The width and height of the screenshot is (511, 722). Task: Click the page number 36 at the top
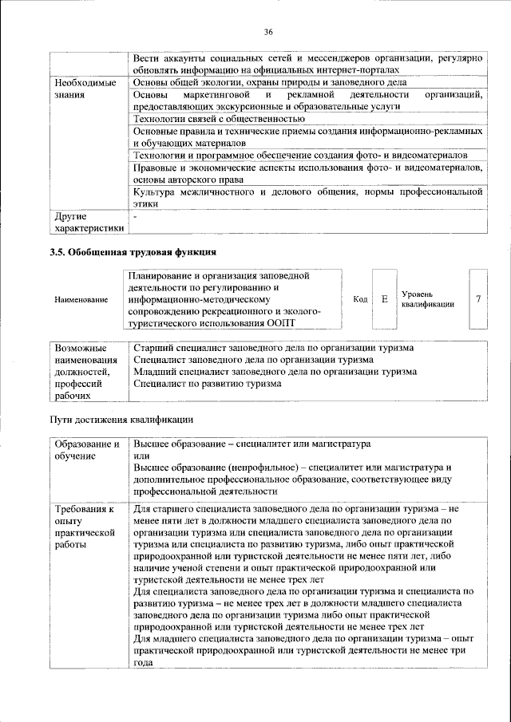tap(269, 31)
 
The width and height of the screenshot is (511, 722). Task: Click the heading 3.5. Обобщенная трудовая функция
tap(133, 253)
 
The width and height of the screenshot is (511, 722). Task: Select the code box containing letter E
tap(384, 299)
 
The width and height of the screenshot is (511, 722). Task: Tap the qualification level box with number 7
tap(477, 299)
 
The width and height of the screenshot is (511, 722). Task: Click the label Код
tap(360, 299)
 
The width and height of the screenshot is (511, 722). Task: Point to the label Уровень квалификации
tap(428, 299)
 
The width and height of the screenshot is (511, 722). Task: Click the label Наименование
tap(81, 300)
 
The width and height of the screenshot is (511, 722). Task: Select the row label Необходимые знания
tap(84, 89)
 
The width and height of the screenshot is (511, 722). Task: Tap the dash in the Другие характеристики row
tap(136, 216)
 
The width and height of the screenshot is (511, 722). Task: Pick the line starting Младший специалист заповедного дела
tap(275, 372)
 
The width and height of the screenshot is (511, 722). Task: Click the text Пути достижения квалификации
tap(121, 419)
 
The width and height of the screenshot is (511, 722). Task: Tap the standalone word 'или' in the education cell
tap(141, 456)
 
